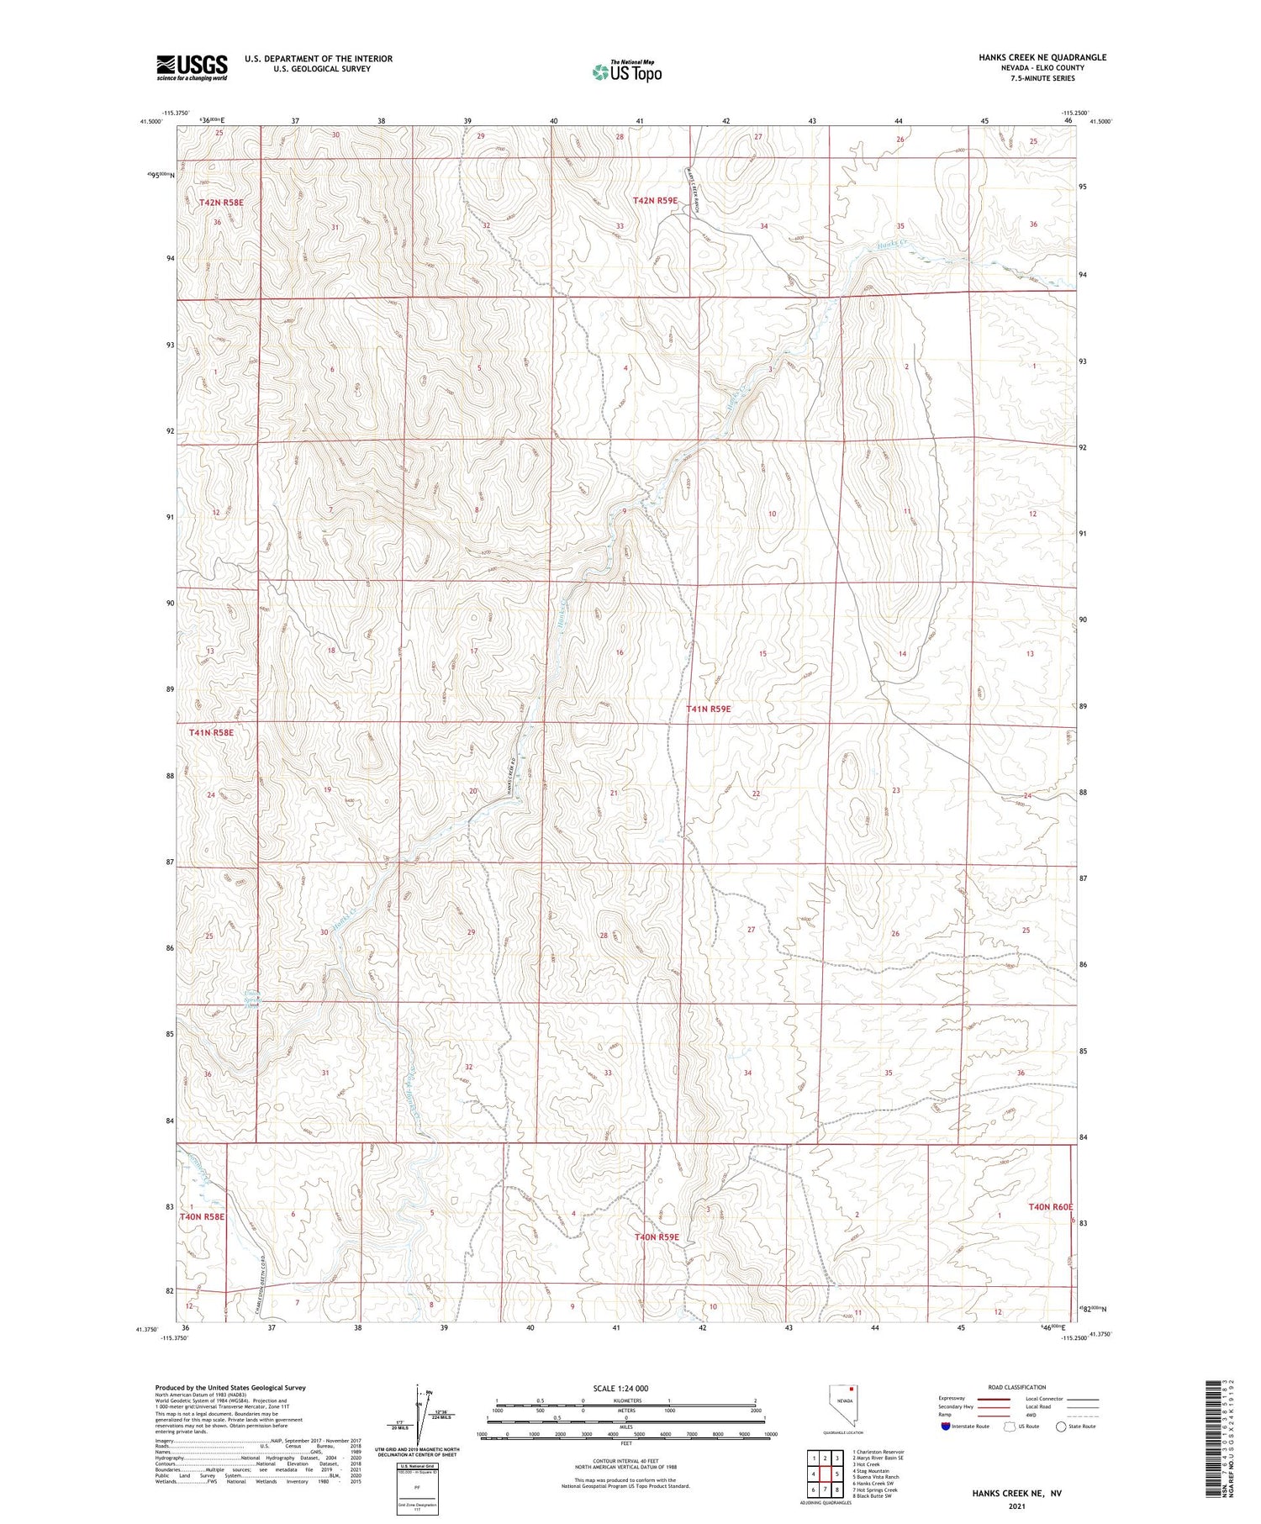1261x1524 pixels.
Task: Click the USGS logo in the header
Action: coord(192,67)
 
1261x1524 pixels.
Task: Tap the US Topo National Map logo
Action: coord(627,71)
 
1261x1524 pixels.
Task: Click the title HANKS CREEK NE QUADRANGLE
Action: coord(1031,57)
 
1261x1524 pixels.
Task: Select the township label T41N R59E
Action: coord(709,709)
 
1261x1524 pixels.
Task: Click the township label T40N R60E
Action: coord(1051,1207)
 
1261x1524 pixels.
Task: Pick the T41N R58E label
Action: coord(211,732)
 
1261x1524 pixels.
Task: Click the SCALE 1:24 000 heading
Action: coord(620,1389)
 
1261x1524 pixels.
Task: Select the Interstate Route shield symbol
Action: coord(945,1426)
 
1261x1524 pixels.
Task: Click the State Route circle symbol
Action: coord(1062,1426)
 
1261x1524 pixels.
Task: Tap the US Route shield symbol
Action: coord(1010,1426)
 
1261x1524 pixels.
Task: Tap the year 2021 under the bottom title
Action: coord(1016,1506)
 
